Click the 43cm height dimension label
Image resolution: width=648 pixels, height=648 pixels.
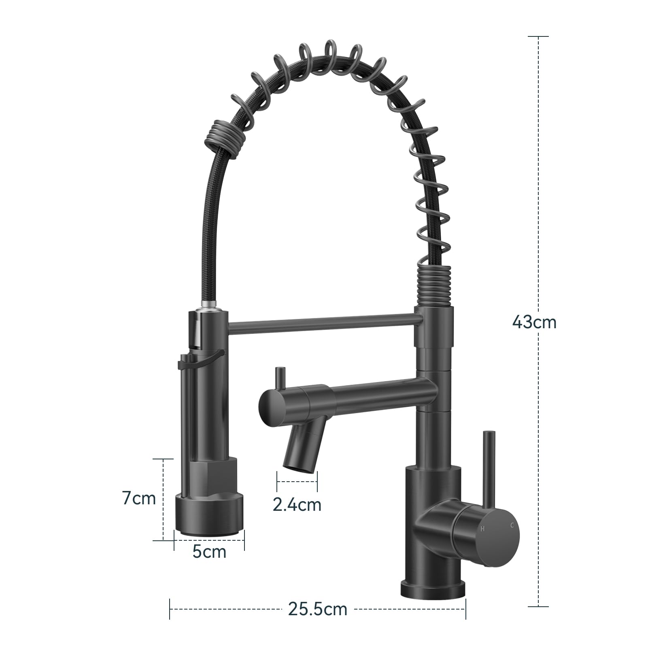(534, 322)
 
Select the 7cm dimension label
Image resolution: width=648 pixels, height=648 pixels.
(139, 498)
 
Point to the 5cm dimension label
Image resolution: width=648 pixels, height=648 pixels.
(209, 552)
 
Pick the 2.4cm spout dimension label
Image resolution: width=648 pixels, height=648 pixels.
(297, 504)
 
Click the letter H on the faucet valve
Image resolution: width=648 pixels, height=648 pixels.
(482, 529)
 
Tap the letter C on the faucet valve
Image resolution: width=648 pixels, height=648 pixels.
(512, 525)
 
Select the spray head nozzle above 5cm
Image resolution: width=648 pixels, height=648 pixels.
(209, 516)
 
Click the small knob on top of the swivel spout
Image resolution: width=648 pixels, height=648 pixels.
(279, 377)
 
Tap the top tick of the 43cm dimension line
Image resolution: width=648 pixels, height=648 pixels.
(538, 36)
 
